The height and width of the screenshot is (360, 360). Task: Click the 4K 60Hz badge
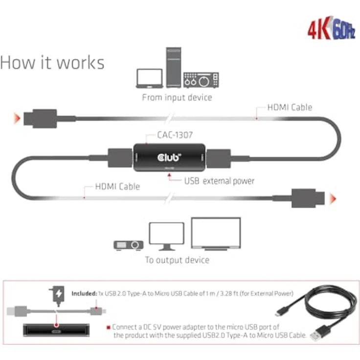[x=331, y=29]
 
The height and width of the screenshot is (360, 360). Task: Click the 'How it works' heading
[x=52, y=63]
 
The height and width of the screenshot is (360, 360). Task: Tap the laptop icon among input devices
[x=149, y=78]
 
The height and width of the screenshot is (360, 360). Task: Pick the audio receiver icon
[x=201, y=80]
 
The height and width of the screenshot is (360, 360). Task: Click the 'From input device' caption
[x=177, y=97]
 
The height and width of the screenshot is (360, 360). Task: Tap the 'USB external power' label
[x=219, y=181]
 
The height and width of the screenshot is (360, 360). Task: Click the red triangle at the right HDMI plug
[x=333, y=198]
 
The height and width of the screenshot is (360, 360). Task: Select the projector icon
[x=129, y=245]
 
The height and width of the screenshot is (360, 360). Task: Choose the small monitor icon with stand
[x=166, y=236]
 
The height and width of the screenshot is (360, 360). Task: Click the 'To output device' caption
[x=177, y=260]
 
